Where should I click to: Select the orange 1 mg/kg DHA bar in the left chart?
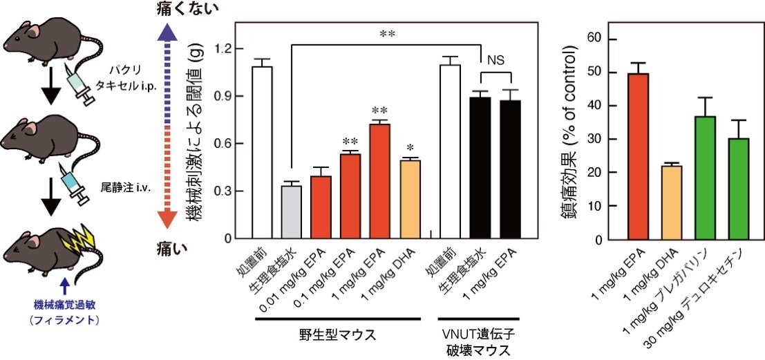tap(410, 200)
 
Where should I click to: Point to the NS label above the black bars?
tap(496, 60)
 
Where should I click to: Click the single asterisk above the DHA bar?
tap(410, 149)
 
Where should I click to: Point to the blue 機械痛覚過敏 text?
tap(64, 304)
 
